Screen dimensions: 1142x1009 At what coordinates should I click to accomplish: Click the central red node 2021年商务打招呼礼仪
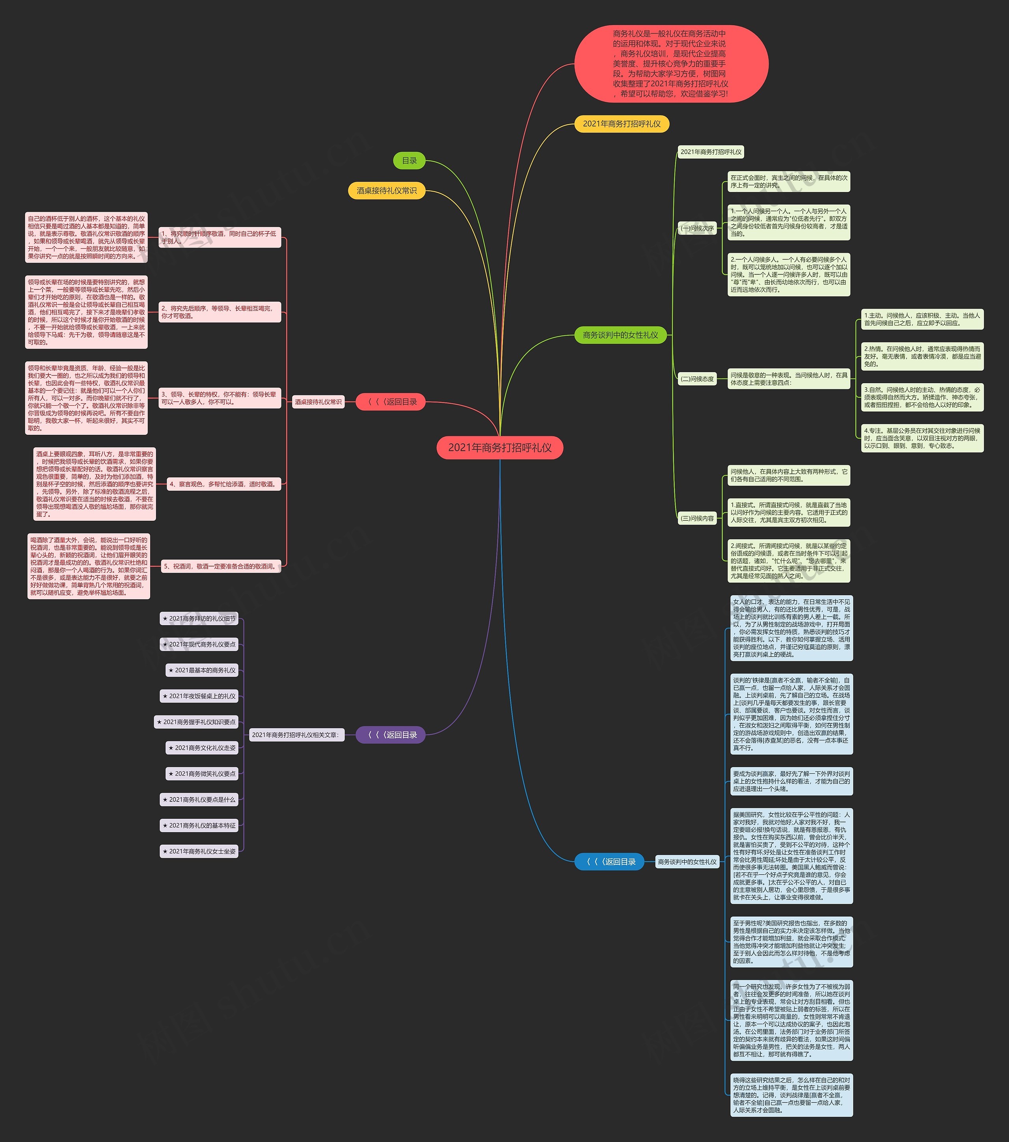(499, 447)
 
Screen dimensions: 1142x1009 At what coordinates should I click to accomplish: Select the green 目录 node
(409, 161)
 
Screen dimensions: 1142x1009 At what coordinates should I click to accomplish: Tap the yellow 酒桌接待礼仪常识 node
(387, 190)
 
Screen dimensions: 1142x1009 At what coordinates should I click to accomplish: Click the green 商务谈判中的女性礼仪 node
(620, 335)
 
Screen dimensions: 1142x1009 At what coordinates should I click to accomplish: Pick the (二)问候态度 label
(697, 379)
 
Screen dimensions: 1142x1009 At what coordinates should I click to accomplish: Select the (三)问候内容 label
(697, 518)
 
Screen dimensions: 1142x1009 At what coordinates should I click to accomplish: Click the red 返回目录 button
(391, 402)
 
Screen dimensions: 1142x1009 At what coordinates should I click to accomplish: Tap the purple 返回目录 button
(391, 735)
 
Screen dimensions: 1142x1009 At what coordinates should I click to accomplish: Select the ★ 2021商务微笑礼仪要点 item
(202, 774)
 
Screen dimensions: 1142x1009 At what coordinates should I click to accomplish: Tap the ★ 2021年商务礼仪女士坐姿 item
(199, 851)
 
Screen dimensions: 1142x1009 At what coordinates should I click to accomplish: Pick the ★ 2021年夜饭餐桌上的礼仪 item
(199, 696)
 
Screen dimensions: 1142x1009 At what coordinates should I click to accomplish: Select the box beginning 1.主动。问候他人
(922, 319)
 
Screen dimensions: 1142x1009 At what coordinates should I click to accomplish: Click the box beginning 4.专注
(922, 438)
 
